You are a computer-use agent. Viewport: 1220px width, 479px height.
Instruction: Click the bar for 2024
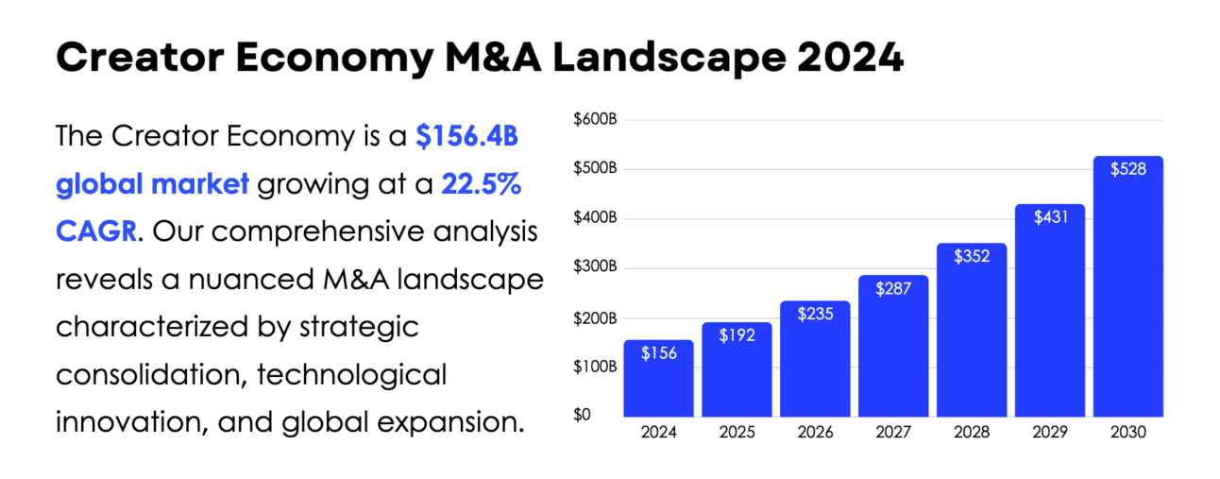[x=658, y=378]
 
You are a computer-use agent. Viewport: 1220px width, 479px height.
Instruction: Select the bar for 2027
[x=893, y=346]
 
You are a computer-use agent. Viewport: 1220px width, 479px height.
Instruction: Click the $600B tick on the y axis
[x=595, y=120]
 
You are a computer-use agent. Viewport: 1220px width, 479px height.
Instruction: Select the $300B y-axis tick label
[x=595, y=267]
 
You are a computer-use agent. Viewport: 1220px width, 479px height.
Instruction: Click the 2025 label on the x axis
[x=737, y=433]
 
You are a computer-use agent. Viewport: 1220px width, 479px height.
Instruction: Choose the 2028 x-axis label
[x=972, y=433]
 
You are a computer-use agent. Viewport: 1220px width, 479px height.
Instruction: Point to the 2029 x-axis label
[x=1050, y=433]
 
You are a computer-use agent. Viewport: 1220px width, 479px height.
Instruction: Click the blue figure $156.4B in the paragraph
[x=467, y=137]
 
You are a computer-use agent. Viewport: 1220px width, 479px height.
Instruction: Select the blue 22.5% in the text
[x=481, y=184]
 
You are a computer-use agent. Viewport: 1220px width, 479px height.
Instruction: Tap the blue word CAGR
[x=95, y=231]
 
